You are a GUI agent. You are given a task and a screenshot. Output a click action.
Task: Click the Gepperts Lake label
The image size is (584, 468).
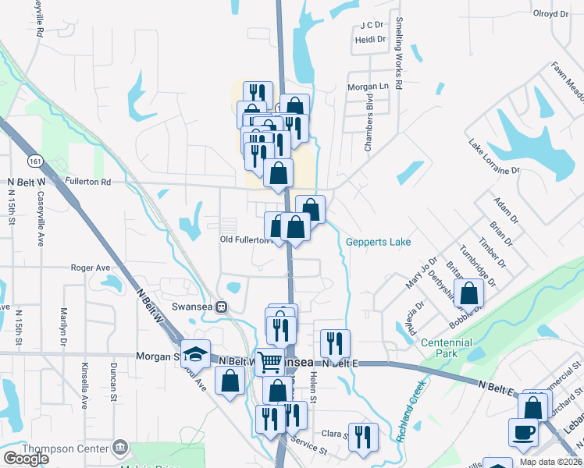(x=378, y=243)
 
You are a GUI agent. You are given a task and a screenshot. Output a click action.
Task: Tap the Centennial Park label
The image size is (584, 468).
(x=447, y=348)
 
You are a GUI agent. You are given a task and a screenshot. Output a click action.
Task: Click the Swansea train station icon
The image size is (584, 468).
(x=222, y=307)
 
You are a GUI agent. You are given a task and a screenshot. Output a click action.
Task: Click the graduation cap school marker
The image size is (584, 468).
(x=195, y=353)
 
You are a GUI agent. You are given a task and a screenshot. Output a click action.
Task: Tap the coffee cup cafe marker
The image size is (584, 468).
(x=522, y=431)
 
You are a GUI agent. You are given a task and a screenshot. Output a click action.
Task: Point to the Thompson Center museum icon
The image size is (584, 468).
(x=120, y=447)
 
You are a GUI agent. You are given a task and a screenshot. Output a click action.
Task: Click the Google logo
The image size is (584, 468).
(x=26, y=459)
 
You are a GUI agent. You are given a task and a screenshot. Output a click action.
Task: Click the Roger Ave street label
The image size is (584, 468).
(x=91, y=267)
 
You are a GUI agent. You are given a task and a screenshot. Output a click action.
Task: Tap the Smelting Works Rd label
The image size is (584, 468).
(x=398, y=54)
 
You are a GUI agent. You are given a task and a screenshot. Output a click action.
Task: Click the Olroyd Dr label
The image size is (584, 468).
(x=550, y=14)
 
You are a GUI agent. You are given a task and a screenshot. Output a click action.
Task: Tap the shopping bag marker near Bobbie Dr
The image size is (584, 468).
(x=470, y=294)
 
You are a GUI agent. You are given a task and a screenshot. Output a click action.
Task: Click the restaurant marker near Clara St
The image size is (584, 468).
(x=362, y=436)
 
